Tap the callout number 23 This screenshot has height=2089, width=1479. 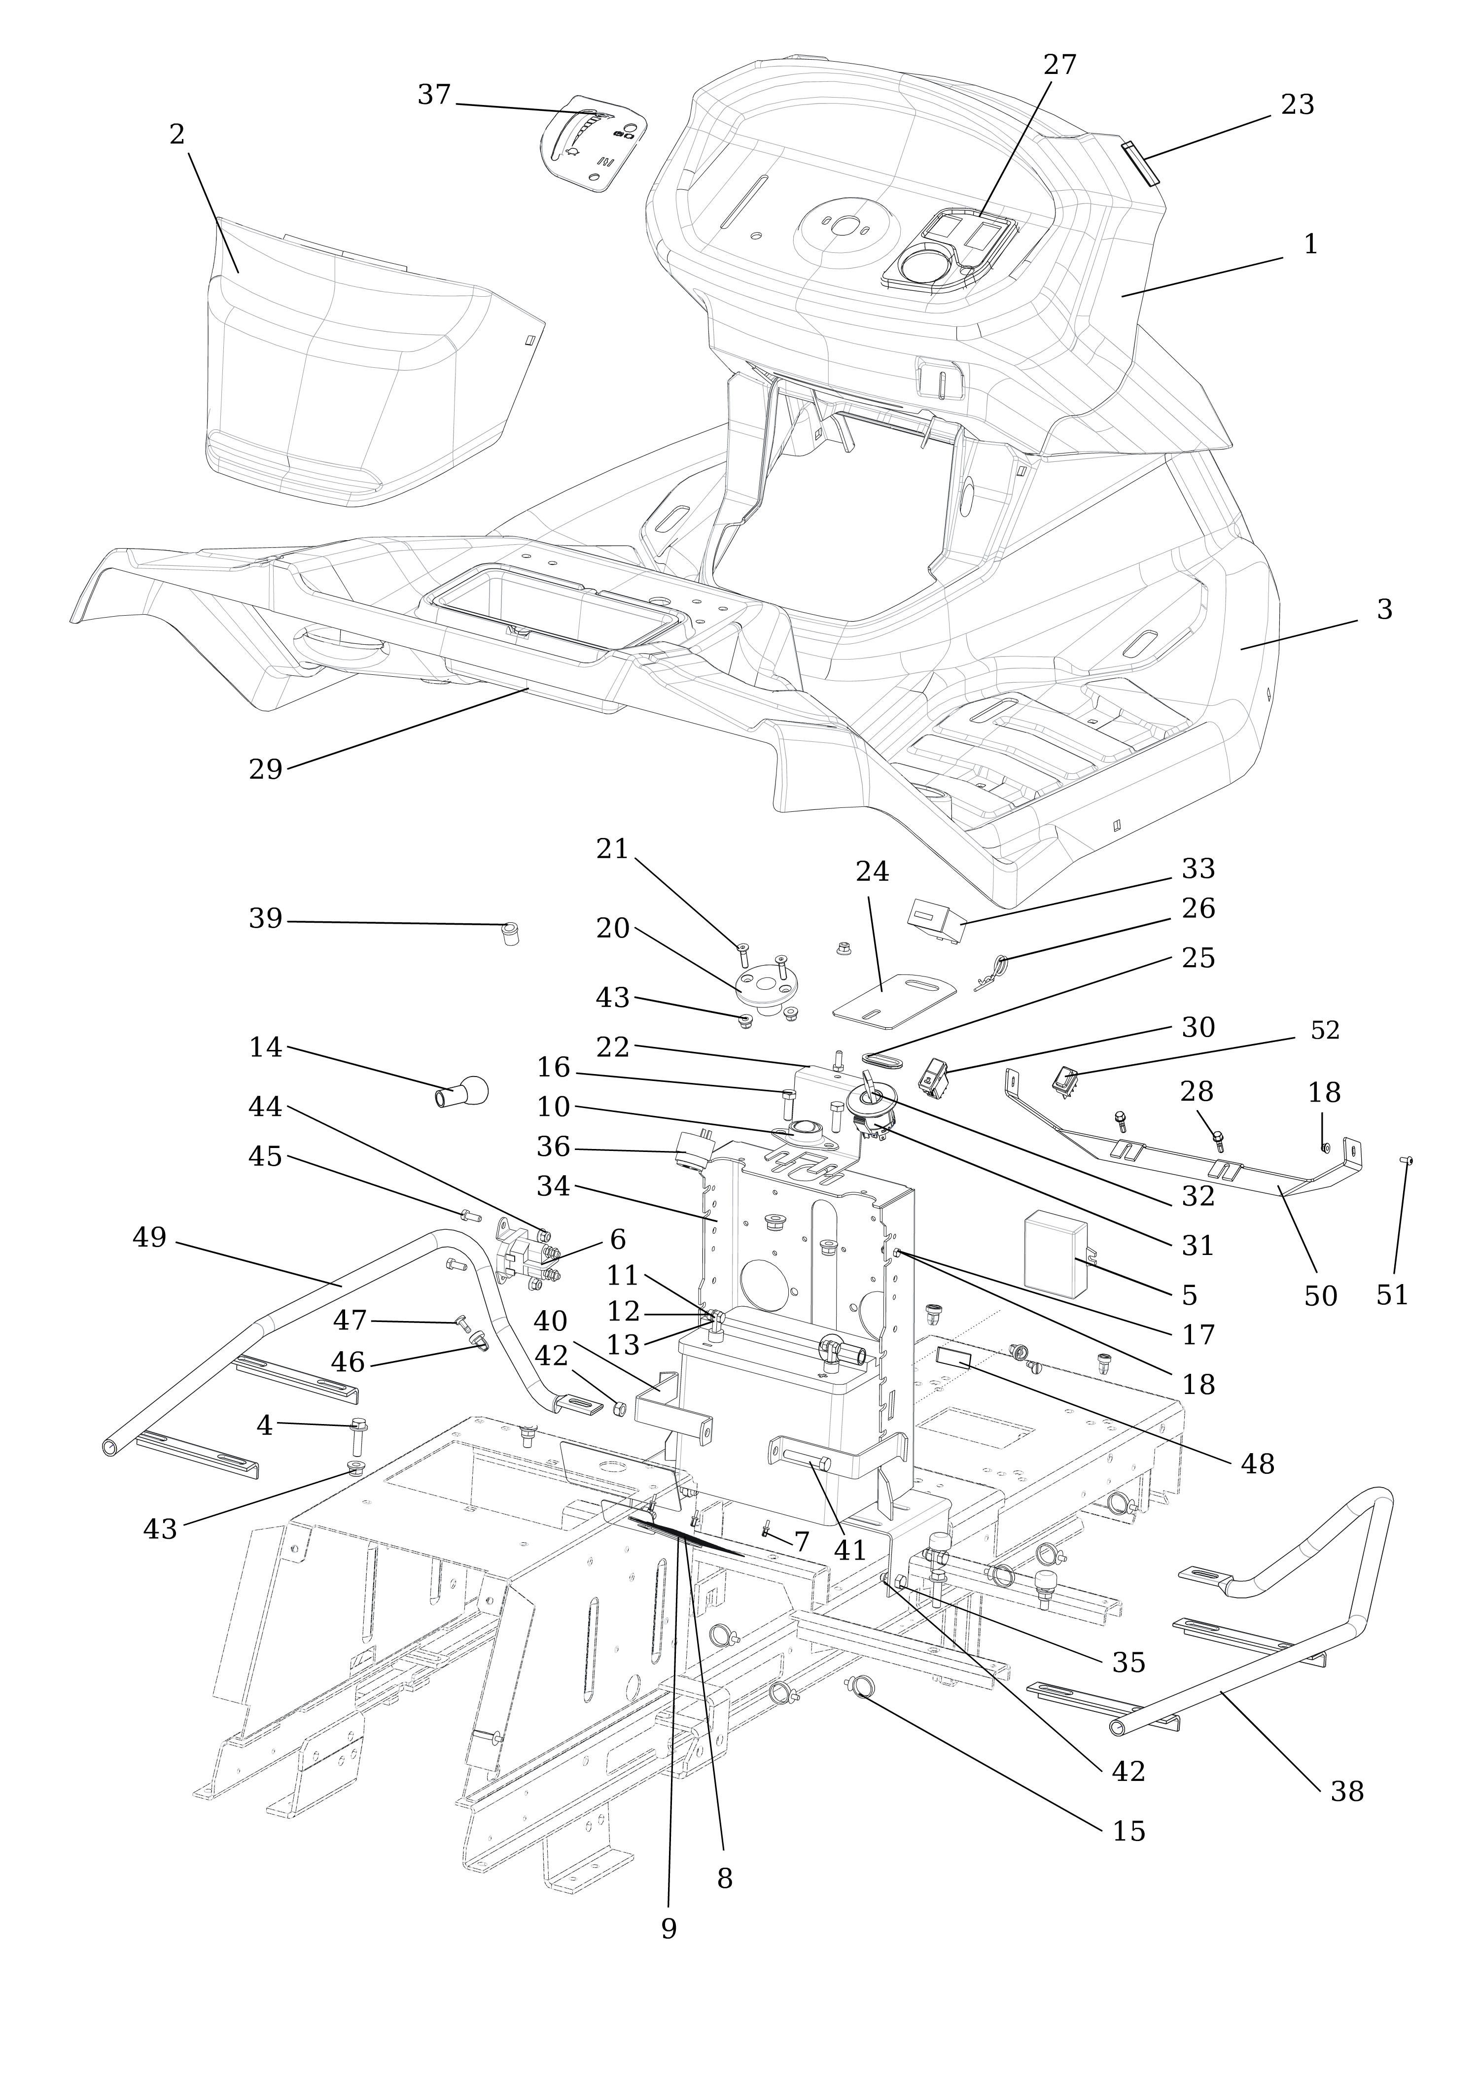click(1297, 105)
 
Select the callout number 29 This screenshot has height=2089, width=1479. click(266, 769)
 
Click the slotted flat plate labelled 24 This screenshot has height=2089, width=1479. click(894, 997)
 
